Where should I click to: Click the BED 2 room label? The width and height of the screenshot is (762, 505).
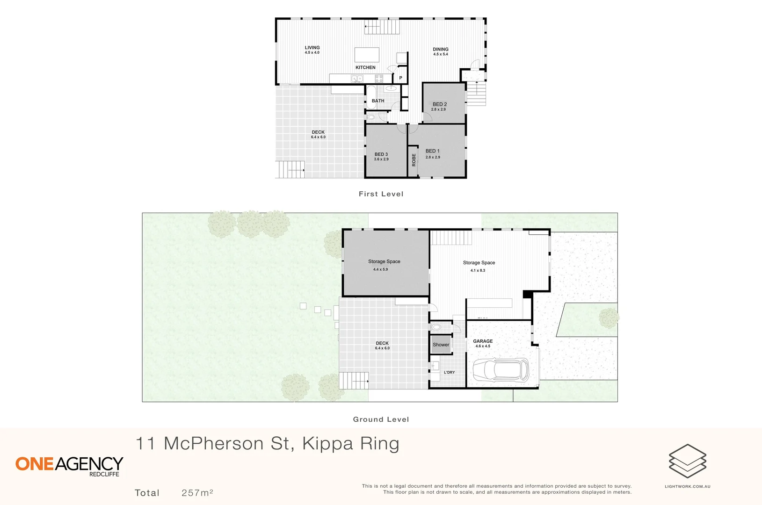[x=439, y=104]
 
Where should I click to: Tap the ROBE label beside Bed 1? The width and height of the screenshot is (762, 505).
[x=414, y=160]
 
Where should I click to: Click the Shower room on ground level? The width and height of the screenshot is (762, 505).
[x=441, y=345]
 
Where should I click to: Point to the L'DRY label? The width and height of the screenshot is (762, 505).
[x=449, y=372]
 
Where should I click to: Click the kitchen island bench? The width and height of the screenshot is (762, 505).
[x=367, y=55]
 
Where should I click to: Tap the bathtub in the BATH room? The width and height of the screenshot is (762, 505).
[x=370, y=97]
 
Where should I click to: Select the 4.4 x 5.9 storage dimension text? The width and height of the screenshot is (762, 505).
[x=380, y=269]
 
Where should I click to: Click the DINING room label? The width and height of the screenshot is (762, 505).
[x=440, y=49]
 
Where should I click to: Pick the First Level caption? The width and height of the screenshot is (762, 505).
[x=381, y=194]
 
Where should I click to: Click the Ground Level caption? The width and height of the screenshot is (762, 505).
[x=381, y=419]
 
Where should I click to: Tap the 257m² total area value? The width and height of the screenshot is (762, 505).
[x=197, y=493]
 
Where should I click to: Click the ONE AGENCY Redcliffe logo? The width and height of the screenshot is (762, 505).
[x=69, y=466]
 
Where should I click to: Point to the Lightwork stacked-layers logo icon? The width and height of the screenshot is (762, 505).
[x=687, y=461]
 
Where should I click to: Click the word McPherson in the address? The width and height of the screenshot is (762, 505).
[x=213, y=443]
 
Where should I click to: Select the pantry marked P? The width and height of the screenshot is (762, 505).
[x=400, y=78]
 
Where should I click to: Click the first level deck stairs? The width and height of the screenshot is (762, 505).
[x=290, y=170]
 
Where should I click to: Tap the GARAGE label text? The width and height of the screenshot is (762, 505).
[x=483, y=341]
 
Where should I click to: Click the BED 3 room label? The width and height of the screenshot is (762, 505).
[x=381, y=154]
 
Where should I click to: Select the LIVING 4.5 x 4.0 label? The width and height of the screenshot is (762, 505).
[x=312, y=50]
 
